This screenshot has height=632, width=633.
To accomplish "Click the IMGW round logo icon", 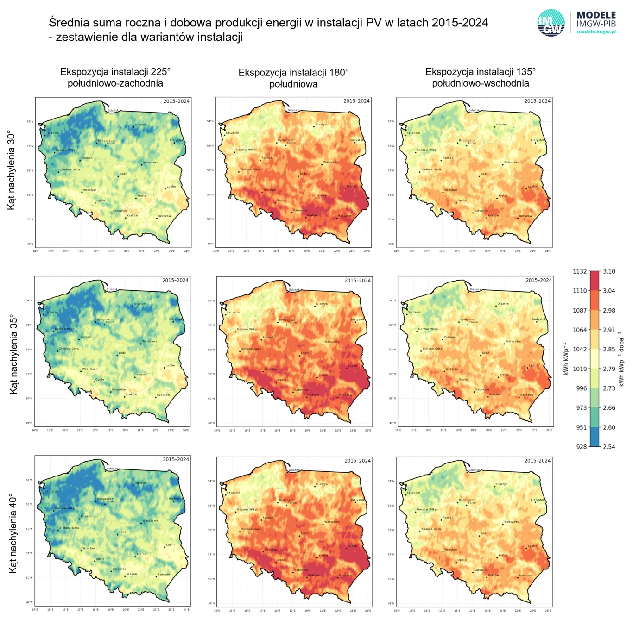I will point(551,23).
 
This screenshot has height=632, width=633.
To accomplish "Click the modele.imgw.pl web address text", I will point(596,31).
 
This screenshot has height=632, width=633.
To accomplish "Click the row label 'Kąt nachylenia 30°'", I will point(12,170).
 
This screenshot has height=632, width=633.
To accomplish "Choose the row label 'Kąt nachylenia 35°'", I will point(13,354).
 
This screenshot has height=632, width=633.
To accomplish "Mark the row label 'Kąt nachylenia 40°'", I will point(13,533).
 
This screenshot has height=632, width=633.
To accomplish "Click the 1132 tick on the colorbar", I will point(580,271).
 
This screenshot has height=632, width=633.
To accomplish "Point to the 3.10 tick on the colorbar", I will point(609,271).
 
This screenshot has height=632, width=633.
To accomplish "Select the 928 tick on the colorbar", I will point(581,447).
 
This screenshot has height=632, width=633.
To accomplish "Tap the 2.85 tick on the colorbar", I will point(609,349).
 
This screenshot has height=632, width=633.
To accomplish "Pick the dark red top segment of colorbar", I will point(595,281).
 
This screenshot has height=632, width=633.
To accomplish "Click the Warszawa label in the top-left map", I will point(151,163).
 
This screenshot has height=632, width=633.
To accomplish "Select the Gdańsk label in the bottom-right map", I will point(474,470).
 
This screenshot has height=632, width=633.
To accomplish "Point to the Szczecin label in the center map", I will point(234,312).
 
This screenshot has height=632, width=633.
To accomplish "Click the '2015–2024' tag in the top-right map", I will point(537,101).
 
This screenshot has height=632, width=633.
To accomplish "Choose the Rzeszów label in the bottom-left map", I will point(164,574).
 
